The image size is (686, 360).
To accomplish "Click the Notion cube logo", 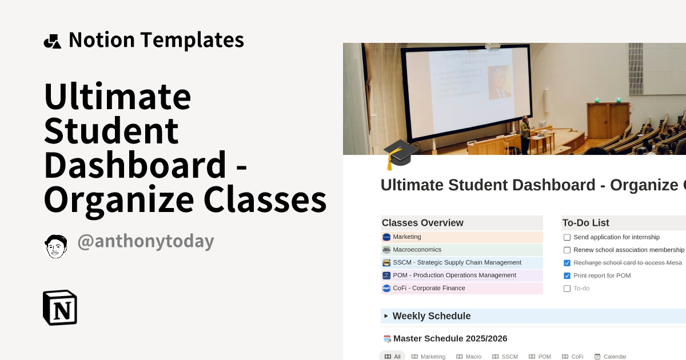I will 60,307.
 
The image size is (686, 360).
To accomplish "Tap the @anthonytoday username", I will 145,241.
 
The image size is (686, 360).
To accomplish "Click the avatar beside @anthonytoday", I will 56,246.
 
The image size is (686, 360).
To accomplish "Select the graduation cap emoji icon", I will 399,154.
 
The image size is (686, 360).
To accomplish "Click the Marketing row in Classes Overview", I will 406,237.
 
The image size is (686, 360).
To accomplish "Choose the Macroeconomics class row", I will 417,250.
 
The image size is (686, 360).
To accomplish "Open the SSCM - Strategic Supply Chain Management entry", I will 457,263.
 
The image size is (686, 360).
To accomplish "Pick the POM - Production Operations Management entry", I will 454,275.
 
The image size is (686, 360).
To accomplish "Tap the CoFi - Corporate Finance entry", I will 429,289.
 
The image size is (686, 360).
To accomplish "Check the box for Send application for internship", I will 567,237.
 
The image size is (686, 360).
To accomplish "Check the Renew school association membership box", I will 567,250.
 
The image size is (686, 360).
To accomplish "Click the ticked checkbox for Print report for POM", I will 567,276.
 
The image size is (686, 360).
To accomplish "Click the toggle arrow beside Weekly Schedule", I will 386,316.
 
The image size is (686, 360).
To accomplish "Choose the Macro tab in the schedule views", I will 469,357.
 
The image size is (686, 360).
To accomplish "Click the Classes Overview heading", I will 422,223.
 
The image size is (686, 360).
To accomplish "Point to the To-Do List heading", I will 585,223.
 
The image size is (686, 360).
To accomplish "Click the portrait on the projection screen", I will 499,82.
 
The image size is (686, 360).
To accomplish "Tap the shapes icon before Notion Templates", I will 52,41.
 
